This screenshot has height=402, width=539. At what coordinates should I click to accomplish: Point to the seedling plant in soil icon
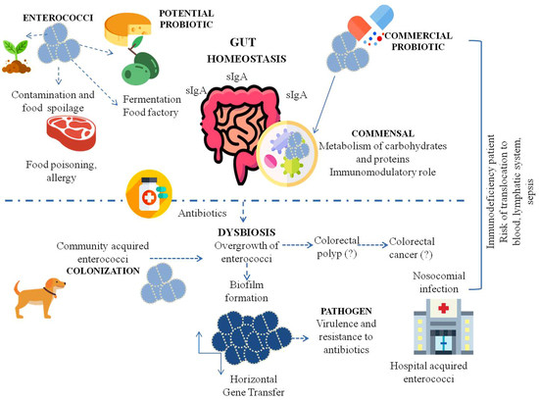pos(17,56)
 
